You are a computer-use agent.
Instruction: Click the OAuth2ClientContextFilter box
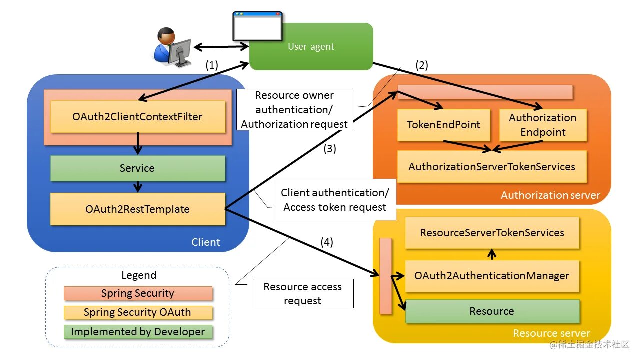[x=137, y=117]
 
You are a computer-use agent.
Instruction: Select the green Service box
[x=137, y=168]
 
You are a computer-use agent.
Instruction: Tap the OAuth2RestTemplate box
[x=137, y=209]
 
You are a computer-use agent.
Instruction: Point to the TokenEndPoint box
[x=443, y=125]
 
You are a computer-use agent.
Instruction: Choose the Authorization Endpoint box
[x=543, y=125]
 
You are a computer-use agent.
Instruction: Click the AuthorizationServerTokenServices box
[x=492, y=167]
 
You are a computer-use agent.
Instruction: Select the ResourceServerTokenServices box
[x=492, y=233]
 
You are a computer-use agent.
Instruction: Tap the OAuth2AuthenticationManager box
[x=492, y=276]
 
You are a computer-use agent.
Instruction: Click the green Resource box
[x=492, y=311]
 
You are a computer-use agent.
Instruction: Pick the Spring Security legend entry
[x=138, y=293]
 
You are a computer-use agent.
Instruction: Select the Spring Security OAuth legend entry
[x=138, y=312]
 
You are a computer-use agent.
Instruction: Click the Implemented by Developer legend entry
[x=138, y=332]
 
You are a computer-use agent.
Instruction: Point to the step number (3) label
[x=330, y=148]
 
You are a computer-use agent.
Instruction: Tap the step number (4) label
[x=327, y=242]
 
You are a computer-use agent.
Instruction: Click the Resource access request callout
[x=302, y=294]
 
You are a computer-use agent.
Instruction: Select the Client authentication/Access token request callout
[x=335, y=200]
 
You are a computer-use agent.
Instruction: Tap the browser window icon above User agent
[x=257, y=26]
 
